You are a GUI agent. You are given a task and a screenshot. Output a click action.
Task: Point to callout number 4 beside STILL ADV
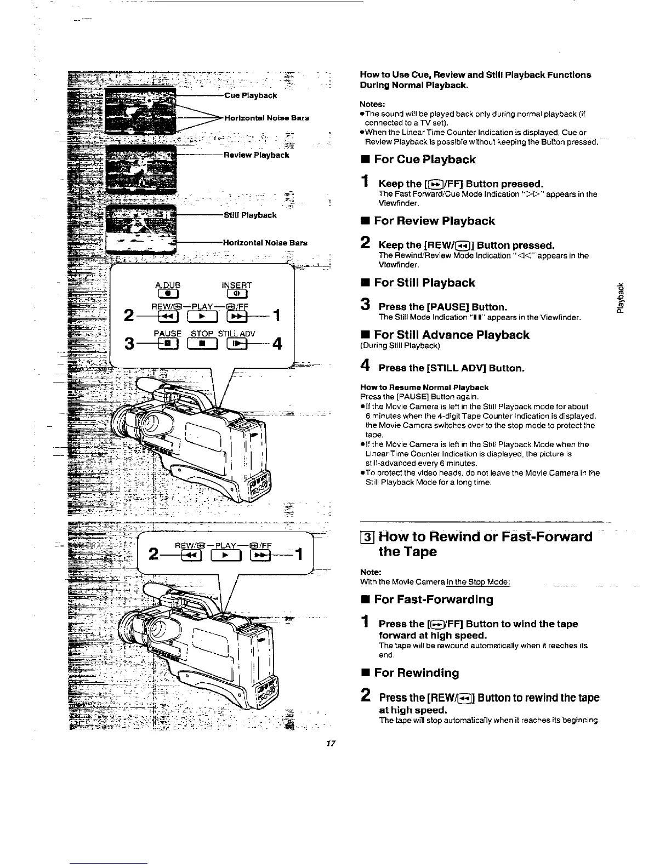pyautogui.click(x=277, y=344)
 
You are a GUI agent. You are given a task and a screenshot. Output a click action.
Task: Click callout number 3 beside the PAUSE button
pyautogui.click(x=129, y=344)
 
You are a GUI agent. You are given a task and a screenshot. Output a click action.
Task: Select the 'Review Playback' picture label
pyautogui.click(x=256, y=155)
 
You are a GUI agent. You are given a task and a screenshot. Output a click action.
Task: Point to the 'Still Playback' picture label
pyautogui.click(x=250, y=215)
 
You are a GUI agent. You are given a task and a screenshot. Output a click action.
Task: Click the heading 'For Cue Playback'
pyautogui.click(x=424, y=160)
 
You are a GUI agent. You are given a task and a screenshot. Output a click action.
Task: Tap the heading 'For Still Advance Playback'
pyautogui.click(x=451, y=335)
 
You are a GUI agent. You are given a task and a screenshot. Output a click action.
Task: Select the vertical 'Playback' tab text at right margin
pyautogui.click(x=620, y=298)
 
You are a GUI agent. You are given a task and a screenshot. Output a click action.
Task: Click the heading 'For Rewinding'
pyautogui.click(x=416, y=673)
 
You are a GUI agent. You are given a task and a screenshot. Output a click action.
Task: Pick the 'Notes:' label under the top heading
pyautogui.click(x=373, y=104)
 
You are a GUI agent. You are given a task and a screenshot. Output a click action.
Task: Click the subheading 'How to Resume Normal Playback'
pyautogui.click(x=424, y=387)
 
